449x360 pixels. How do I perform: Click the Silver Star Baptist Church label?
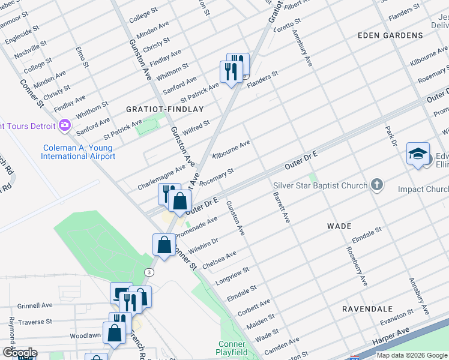[320, 185]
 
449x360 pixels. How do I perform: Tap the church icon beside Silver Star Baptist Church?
[376, 184]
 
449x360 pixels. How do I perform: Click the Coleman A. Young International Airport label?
[78, 152]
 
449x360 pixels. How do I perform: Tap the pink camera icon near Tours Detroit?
[65, 125]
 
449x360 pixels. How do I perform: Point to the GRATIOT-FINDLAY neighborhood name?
[165, 109]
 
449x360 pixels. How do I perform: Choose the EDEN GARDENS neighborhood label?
[390, 35]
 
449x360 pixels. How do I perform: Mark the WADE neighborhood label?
[339, 226]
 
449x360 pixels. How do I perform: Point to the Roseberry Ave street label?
[355, 266]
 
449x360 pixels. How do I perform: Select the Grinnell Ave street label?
[35, 305]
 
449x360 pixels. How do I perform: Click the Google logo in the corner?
[20, 353]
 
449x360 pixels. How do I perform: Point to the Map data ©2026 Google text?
[411, 355]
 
